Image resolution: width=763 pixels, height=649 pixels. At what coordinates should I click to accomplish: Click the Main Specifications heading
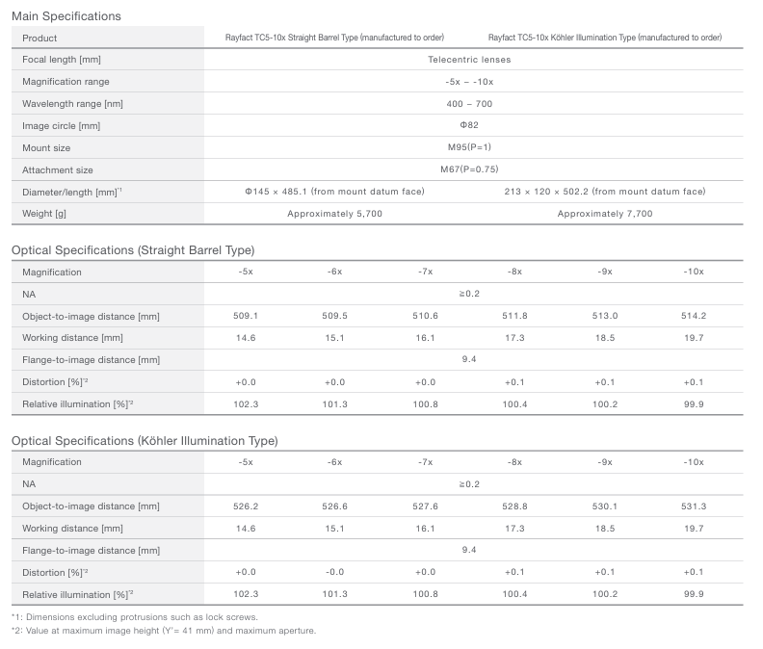click(x=66, y=16)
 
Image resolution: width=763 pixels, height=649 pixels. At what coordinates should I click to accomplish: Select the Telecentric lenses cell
click(x=469, y=60)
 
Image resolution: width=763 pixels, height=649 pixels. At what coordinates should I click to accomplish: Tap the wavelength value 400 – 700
click(x=469, y=104)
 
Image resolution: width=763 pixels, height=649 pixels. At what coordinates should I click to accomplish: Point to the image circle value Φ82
click(x=469, y=126)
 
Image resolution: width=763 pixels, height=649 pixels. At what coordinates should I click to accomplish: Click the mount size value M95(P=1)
click(x=469, y=148)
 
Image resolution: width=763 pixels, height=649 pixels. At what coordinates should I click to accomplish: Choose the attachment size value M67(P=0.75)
click(x=469, y=170)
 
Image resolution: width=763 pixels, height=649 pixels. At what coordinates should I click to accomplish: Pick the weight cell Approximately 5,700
click(x=334, y=214)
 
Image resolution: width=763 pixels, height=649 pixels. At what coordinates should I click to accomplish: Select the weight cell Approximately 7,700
click(x=604, y=214)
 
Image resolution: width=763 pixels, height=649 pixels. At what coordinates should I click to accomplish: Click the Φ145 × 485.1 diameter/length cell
click(x=334, y=192)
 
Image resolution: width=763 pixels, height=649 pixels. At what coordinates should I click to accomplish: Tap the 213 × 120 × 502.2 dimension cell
click(x=604, y=192)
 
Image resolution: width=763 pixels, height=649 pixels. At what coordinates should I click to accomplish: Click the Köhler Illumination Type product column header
click(x=604, y=38)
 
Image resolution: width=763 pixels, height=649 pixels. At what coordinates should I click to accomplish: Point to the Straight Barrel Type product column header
click(x=334, y=38)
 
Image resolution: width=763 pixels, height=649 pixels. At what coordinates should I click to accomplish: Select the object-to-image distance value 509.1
click(x=246, y=316)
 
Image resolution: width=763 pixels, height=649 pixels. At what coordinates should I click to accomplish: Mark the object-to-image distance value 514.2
click(x=694, y=316)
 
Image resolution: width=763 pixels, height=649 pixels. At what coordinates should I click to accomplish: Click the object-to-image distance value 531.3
click(x=694, y=506)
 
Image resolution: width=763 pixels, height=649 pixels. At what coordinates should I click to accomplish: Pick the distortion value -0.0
click(x=335, y=572)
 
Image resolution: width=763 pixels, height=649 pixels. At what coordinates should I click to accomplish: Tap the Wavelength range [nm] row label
click(x=72, y=104)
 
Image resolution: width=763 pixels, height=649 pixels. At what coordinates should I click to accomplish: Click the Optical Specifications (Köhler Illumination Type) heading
click(x=145, y=441)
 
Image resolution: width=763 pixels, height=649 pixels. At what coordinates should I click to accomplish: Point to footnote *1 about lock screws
click(x=135, y=616)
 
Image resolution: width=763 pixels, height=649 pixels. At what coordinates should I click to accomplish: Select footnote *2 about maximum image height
click(x=164, y=631)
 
